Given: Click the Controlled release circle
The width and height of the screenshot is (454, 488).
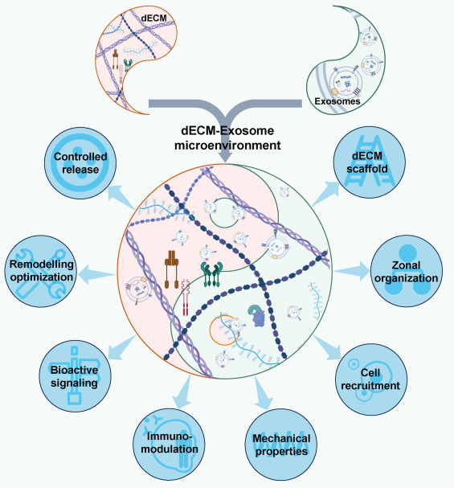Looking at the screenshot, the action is [x=80, y=163].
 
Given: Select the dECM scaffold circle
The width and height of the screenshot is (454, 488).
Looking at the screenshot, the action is [x=370, y=162].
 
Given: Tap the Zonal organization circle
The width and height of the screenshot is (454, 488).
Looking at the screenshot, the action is [x=407, y=271].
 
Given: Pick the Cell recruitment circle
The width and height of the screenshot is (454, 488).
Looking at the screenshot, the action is [x=371, y=379].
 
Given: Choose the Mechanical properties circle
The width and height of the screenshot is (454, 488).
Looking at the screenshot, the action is [x=281, y=445].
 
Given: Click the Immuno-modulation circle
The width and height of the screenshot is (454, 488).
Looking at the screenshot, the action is [x=169, y=444].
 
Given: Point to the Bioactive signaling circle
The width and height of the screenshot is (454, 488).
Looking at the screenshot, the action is [x=75, y=376].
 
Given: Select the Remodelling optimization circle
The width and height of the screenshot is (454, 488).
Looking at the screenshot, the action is [x=41, y=271].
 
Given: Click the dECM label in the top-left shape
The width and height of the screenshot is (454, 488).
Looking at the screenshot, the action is [x=154, y=18].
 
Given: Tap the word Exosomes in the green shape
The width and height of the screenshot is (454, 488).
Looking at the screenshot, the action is [x=337, y=101].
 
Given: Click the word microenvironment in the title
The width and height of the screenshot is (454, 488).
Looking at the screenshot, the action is [x=227, y=146].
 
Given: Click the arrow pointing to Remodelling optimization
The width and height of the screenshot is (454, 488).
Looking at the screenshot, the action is [x=96, y=274].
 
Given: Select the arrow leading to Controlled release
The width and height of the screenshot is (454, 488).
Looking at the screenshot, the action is [x=121, y=197].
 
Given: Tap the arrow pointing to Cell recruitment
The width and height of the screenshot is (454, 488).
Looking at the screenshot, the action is [x=327, y=348].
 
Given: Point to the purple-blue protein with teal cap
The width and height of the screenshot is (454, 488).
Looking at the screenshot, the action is [x=257, y=316].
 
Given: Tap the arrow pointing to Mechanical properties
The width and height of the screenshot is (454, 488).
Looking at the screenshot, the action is [x=263, y=393].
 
